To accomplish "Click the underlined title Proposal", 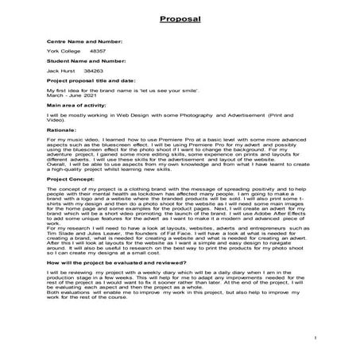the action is [x=179, y=17].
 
